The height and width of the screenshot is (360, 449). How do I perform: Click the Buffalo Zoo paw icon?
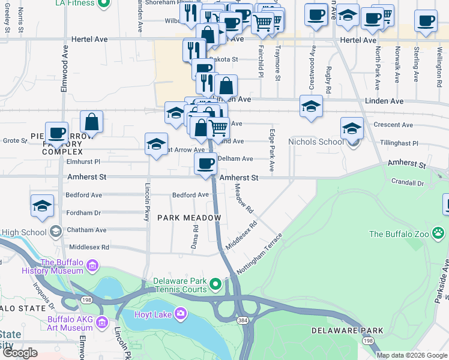pyautogui.click(x=440, y=232)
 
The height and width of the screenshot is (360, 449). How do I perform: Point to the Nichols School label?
pyautogui.click(x=316, y=142)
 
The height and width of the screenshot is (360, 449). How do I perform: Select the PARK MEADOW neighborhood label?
pyautogui.click(x=189, y=218)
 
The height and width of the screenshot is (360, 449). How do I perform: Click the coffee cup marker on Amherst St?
pyautogui.click(x=206, y=163)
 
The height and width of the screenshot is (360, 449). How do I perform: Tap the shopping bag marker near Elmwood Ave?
pyautogui.click(x=92, y=122)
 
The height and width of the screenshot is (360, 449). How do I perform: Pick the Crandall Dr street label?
pyautogui.click(x=408, y=182)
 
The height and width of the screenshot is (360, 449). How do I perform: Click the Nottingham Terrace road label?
pyautogui.click(x=259, y=254)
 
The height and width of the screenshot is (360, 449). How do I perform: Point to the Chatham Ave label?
pyautogui.click(x=86, y=230)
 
